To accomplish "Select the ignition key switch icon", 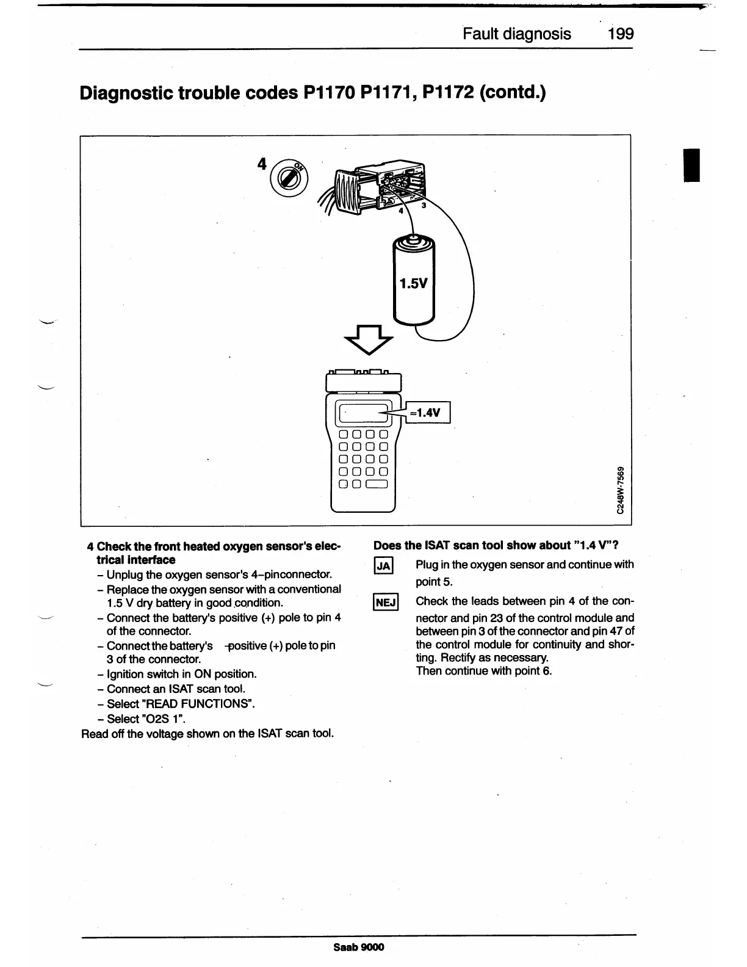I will point(286,176).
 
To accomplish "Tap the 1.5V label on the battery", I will point(413,283).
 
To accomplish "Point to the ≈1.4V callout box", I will point(427,412).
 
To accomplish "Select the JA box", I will point(384,566).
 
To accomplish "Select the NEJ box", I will point(386,603).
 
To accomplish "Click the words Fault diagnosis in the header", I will point(517,34).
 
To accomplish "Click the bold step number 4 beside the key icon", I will point(262,164).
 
